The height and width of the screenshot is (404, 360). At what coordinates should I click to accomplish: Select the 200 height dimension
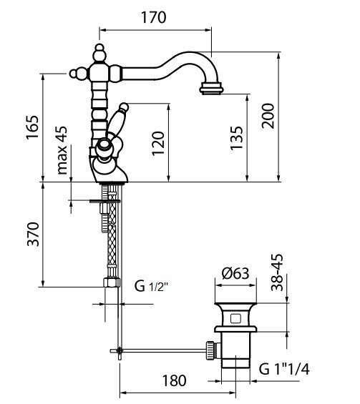coord(268,112)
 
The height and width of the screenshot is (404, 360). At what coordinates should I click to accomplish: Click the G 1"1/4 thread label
coord(284,369)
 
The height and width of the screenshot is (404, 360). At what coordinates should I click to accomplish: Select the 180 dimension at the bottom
coord(170,380)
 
